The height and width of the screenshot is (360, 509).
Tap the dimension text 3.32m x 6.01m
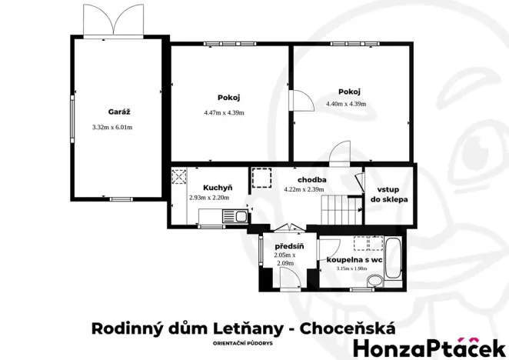pos(112,127)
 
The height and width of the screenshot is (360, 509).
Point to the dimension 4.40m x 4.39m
pos(346,104)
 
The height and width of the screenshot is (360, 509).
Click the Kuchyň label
pos(218,187)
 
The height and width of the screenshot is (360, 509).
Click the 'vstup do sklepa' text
pos(392,194)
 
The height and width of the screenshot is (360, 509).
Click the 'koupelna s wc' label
pos(354,260)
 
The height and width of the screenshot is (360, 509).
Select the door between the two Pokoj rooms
pos(298,102)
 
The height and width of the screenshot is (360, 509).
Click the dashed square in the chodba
pos(261,178)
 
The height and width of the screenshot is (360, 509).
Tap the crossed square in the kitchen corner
pos(180,178)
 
